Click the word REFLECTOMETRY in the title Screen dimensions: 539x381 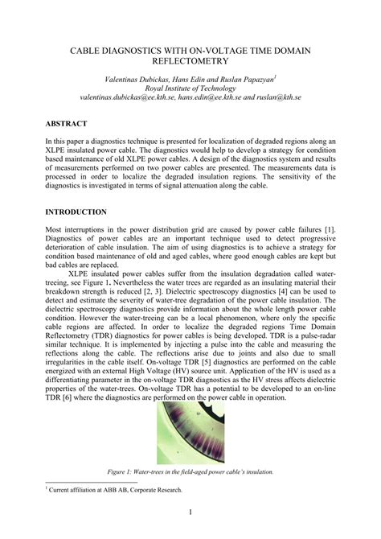coord(190,60)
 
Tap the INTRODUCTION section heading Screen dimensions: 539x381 coord(76,212)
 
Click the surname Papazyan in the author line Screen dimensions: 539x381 coord(250,80)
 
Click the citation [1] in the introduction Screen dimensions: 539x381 coord(330,229)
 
